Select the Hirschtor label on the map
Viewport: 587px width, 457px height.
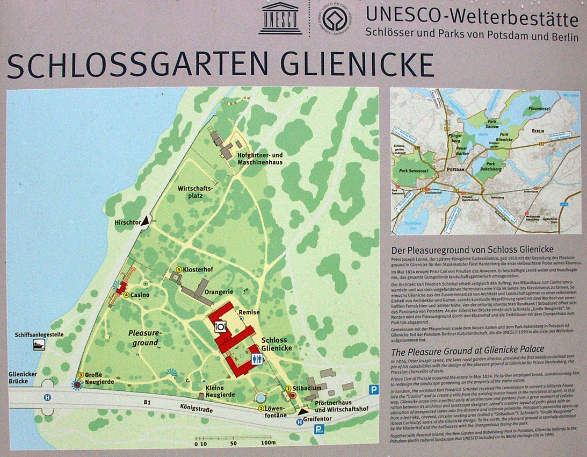pos(127,222)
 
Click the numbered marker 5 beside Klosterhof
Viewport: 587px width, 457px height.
pos(179,269)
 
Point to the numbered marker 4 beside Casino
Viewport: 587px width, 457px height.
pos(127,295)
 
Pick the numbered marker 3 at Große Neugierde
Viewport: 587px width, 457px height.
pos(81,375)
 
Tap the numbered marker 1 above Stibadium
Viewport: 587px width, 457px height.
pos(288,387)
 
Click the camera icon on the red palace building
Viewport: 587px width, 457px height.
pos(220,326)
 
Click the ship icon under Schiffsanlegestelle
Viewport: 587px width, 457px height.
pos(39,346)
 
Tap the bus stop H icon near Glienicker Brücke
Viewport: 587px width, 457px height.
pos(48,397)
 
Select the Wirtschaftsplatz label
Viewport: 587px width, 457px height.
pos(195,192)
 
